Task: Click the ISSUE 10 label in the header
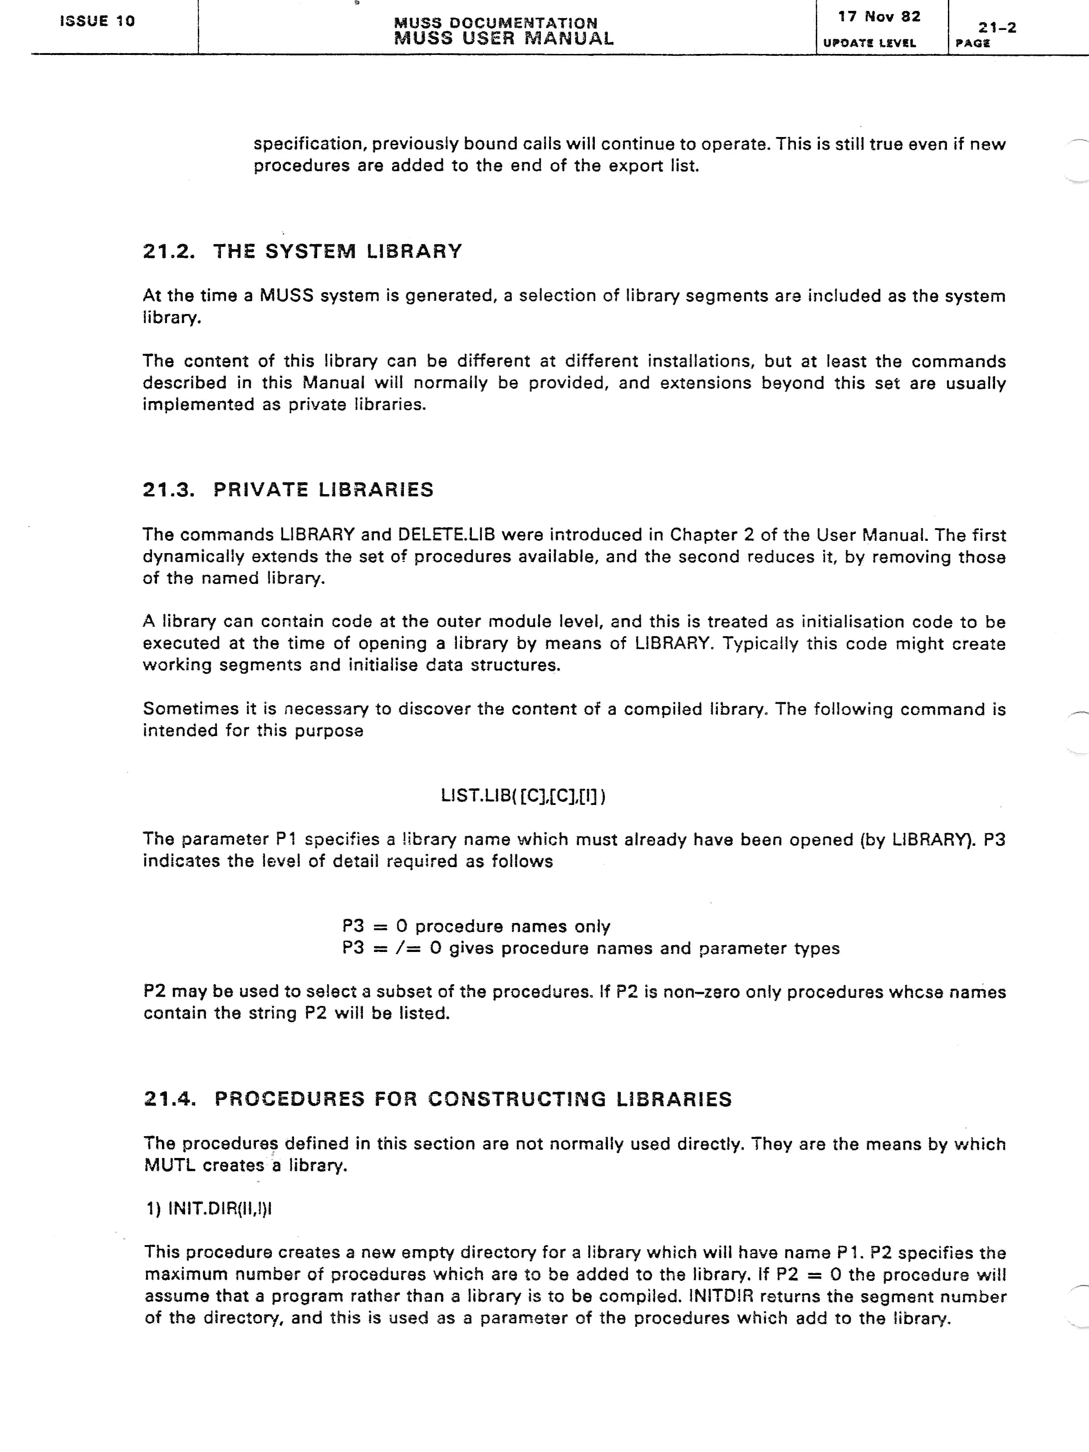point(97,21)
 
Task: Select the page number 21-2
point(997,28)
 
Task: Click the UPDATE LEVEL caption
point(869,43)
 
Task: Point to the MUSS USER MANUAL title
point(504,39)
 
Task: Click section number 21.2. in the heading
point(169,251)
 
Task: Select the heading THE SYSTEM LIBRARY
point(338,251)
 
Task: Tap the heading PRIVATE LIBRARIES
point(323,490)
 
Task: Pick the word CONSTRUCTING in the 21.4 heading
point(517,1099)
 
